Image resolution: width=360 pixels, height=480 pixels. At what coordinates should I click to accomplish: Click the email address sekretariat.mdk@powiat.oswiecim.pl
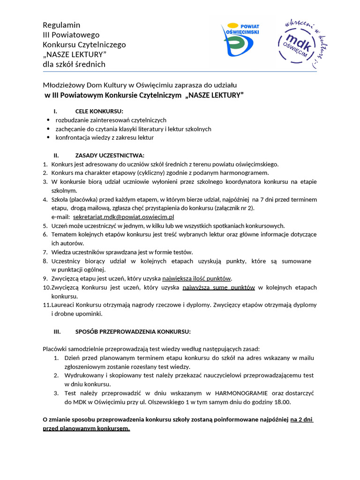pos(124,217)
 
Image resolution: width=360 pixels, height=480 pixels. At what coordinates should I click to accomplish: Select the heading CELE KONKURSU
pos(99,111)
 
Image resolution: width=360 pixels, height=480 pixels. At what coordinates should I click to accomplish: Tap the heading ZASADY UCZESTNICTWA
pos(110,155)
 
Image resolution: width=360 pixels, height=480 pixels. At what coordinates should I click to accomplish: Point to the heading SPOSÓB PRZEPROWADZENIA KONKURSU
pos(133,331)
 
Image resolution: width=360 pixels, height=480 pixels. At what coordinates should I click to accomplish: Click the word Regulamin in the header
pos(61,25)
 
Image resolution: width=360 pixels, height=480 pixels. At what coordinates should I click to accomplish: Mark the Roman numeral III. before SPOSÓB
pos(58,331)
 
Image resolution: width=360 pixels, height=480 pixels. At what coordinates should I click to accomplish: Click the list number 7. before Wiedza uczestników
pos(45,252)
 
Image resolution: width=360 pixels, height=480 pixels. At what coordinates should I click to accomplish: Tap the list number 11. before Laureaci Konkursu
pos(46,305)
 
